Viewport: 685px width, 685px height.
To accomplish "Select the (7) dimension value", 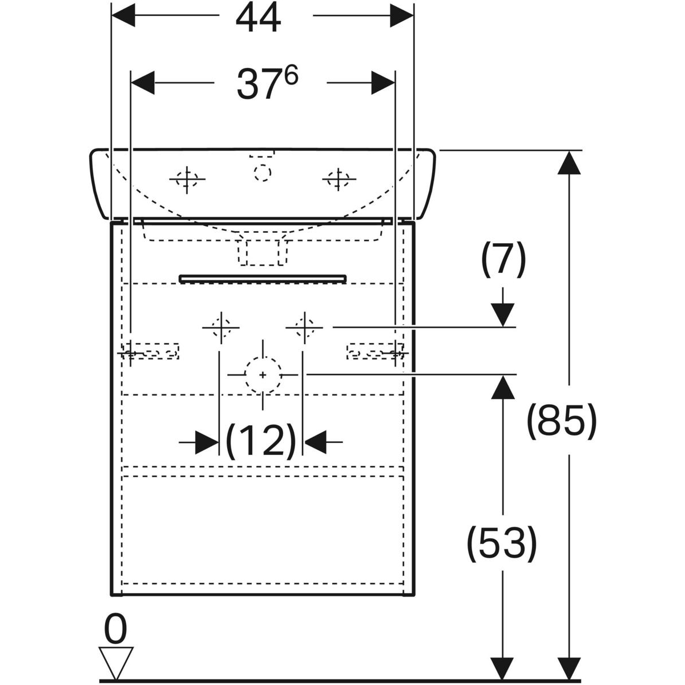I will [502, 260].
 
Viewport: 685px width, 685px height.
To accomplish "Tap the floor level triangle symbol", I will [116, 663].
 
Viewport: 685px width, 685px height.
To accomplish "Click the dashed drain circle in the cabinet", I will [263, 374].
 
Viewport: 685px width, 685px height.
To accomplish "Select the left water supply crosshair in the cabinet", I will [220, 328].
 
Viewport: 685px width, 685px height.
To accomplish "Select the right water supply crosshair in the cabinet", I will [304, 328].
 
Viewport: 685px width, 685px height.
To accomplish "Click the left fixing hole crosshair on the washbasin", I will [187, 179].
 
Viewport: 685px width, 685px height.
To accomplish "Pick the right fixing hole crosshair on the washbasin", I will [340, 179].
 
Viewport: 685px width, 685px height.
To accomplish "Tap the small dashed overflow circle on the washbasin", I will [263, 172].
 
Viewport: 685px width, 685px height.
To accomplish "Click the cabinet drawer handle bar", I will [263, 279].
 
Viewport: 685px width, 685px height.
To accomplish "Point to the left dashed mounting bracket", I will [152, 351].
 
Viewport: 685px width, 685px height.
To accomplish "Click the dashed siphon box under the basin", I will [262, 251].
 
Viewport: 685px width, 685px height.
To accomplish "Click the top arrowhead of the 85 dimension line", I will [568, 163].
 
